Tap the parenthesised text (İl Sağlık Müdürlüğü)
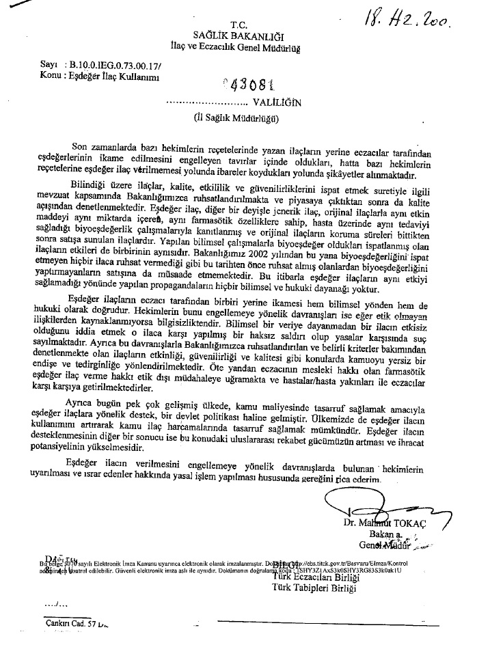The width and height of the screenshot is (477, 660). [236, 117]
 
